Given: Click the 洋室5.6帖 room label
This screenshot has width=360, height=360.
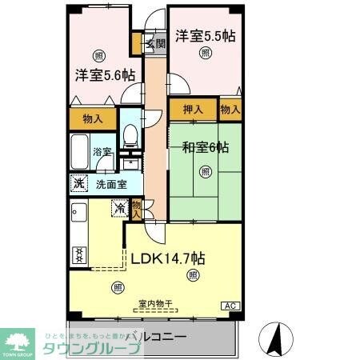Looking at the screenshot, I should click(x=105, y=75).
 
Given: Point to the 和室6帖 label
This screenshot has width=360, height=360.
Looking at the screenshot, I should click(x=205, y=148).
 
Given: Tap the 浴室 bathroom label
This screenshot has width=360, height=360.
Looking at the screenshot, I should click(x=101, y=151).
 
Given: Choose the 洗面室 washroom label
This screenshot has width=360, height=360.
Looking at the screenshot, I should click(x=111, y=183).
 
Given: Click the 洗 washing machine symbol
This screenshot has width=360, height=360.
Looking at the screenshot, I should click(x=78, y=182).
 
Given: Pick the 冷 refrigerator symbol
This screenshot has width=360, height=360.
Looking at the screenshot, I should click(x=119, y=210).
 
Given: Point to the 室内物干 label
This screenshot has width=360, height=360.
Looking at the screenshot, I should click(x=154, y=303).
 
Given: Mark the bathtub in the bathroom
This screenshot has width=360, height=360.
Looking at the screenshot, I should click(x=80, y=150).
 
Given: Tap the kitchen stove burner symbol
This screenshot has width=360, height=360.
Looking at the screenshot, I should click(x=78, y=255).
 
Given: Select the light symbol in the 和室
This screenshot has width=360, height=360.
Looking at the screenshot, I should click(x=206, y=171).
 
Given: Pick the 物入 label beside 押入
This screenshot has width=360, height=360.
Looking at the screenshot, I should click(x=230, y=109).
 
